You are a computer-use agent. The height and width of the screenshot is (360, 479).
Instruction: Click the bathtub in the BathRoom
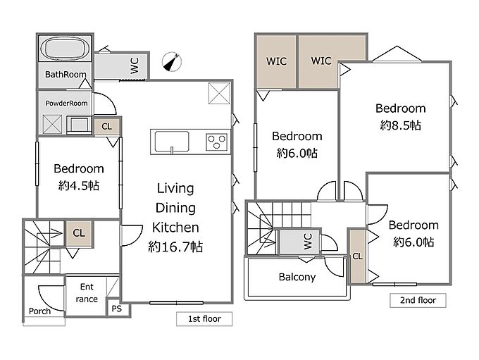pos(65,49)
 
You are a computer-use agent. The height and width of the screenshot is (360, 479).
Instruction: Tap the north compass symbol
pos(172,62)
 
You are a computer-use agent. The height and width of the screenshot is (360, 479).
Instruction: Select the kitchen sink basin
pos(172,142)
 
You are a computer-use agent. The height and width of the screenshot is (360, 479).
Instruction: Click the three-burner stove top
pos(217,142)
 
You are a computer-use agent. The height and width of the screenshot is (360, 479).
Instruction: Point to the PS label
pos(117,309)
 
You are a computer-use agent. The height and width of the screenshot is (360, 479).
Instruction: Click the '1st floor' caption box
pos(204,318)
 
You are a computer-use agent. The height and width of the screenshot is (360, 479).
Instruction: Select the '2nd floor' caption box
pos(418,300)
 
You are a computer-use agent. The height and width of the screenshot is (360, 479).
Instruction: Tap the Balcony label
pos(297,277)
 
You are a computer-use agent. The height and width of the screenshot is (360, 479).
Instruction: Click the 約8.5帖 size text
pos(401,125)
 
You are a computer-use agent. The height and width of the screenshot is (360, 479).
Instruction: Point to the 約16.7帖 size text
pos(175,247)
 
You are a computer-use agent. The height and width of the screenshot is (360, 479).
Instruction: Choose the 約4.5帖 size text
pos(79,185)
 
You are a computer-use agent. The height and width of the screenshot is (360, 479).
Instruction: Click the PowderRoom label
pos(66,104)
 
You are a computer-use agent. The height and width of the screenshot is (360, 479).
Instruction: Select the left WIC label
pos(276,61)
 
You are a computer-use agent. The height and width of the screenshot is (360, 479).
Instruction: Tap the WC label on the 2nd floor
pos(308,241)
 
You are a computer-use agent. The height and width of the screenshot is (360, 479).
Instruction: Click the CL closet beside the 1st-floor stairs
pos(79,233)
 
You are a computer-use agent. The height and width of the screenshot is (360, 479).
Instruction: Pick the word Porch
pos(39,311)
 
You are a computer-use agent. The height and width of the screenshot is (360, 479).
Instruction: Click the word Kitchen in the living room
pos(175,228)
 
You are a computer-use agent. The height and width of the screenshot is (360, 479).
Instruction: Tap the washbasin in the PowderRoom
pos(79,125)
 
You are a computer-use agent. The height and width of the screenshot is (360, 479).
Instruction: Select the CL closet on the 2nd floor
pos(358,256)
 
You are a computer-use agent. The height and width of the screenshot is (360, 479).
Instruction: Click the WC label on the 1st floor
pos(135,66)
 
